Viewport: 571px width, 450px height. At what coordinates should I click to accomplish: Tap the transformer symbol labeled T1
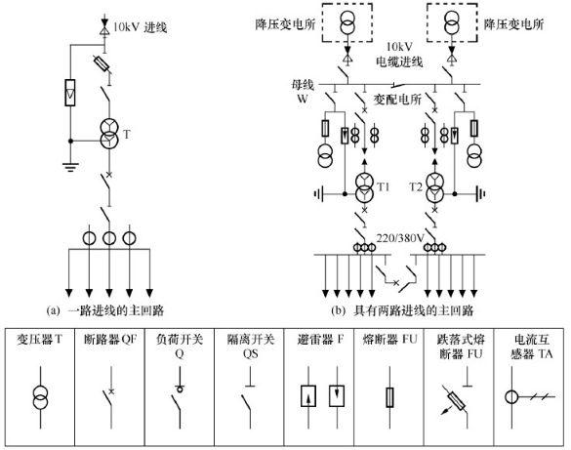[366, 185]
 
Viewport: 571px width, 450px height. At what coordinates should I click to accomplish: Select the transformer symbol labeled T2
[432, 185]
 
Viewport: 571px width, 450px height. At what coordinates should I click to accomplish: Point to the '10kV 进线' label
[142, 27]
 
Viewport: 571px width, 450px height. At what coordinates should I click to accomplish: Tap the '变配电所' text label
[395, 100]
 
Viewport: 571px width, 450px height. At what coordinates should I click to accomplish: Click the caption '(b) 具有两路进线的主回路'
[400, 310]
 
